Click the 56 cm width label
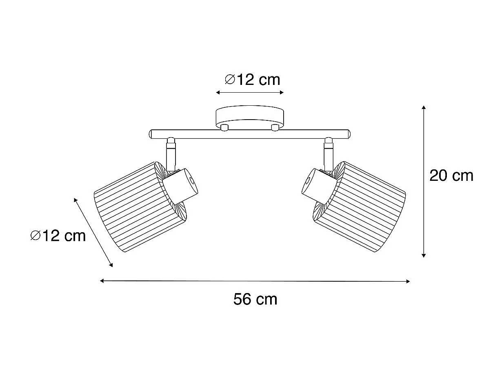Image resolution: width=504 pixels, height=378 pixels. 255,299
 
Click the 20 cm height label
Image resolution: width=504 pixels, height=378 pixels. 451,176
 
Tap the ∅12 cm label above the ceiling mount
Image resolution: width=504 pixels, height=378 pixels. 253,80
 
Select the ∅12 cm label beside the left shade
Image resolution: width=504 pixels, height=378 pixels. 58,236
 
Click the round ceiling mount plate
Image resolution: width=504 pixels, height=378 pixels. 249,116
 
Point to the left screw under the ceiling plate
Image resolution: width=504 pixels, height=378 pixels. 224,128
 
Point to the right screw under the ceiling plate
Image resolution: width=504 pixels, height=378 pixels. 275,128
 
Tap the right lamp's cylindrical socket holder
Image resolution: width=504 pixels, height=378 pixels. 316,186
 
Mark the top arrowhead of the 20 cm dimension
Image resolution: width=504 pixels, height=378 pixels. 424,107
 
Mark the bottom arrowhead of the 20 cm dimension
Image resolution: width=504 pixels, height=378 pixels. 424,255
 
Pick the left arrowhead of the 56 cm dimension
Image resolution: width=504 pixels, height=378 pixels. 102,281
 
